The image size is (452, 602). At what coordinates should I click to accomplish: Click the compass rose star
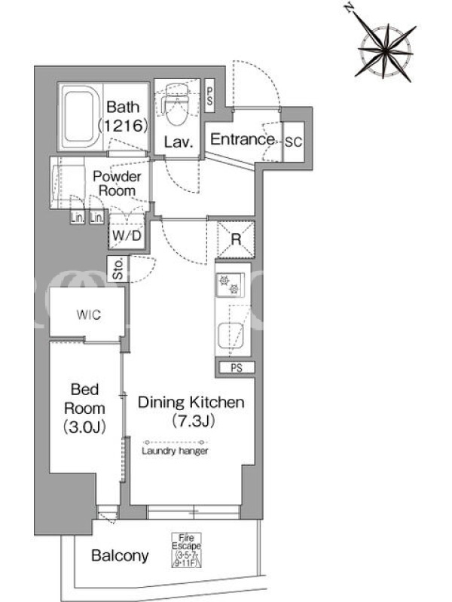(386, 51)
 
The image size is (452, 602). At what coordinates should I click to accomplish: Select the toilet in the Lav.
(176, 105)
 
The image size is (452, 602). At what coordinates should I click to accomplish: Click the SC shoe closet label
(294, 141)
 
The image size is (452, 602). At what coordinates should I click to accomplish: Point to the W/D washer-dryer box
(127, 234)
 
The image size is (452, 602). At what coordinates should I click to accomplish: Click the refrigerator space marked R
(236, 239)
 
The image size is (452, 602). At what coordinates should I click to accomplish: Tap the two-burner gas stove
(230, 284)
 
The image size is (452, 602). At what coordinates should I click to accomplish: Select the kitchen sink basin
(230, 335)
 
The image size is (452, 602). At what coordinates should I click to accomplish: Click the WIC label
(89, 315)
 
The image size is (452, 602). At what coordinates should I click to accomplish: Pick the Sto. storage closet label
(118, 269)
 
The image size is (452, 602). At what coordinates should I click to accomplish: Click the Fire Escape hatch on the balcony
(186, 550)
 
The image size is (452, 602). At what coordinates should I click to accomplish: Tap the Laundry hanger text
(176, 451)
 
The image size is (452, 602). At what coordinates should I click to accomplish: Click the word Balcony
(120, 556)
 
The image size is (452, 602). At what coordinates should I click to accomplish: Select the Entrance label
(243, 139)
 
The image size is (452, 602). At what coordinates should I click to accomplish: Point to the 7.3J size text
(193, 421)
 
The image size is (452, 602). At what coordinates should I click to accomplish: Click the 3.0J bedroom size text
(84, 427)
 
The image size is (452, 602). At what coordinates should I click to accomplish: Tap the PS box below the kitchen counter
(237, 368)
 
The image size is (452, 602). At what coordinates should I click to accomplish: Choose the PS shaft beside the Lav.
(210, 96)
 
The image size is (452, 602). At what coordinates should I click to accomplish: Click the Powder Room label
(118, 184)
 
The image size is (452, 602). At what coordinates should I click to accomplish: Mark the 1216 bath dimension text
(123, 125)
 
